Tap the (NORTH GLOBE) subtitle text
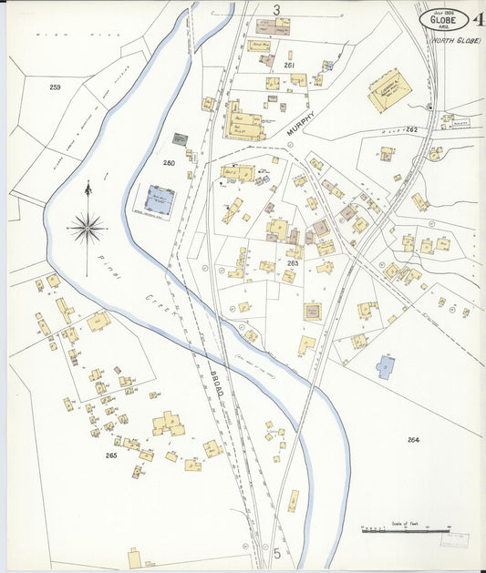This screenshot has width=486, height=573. (x=455, y=40)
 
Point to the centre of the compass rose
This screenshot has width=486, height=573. (x=87, y=227)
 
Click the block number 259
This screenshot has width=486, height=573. (x=55, y=87)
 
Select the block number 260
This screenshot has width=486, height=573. (x=169, y=163)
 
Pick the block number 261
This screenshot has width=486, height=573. (x=289, y=66)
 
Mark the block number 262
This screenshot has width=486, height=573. (x=411, y=130)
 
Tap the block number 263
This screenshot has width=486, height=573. (x=293, y=262)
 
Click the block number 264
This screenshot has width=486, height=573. (x=413, y=440)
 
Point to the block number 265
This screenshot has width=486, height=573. (x=111, y=455)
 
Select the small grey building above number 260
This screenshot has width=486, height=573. (x=181, y=139)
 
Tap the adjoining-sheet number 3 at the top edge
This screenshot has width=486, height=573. (x=275, y=9)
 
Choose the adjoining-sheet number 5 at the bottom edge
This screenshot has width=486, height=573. (x=275, y=553)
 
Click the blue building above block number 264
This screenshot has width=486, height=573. (x=386, y=367)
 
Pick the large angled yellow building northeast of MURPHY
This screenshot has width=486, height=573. (x=389, y=91)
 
